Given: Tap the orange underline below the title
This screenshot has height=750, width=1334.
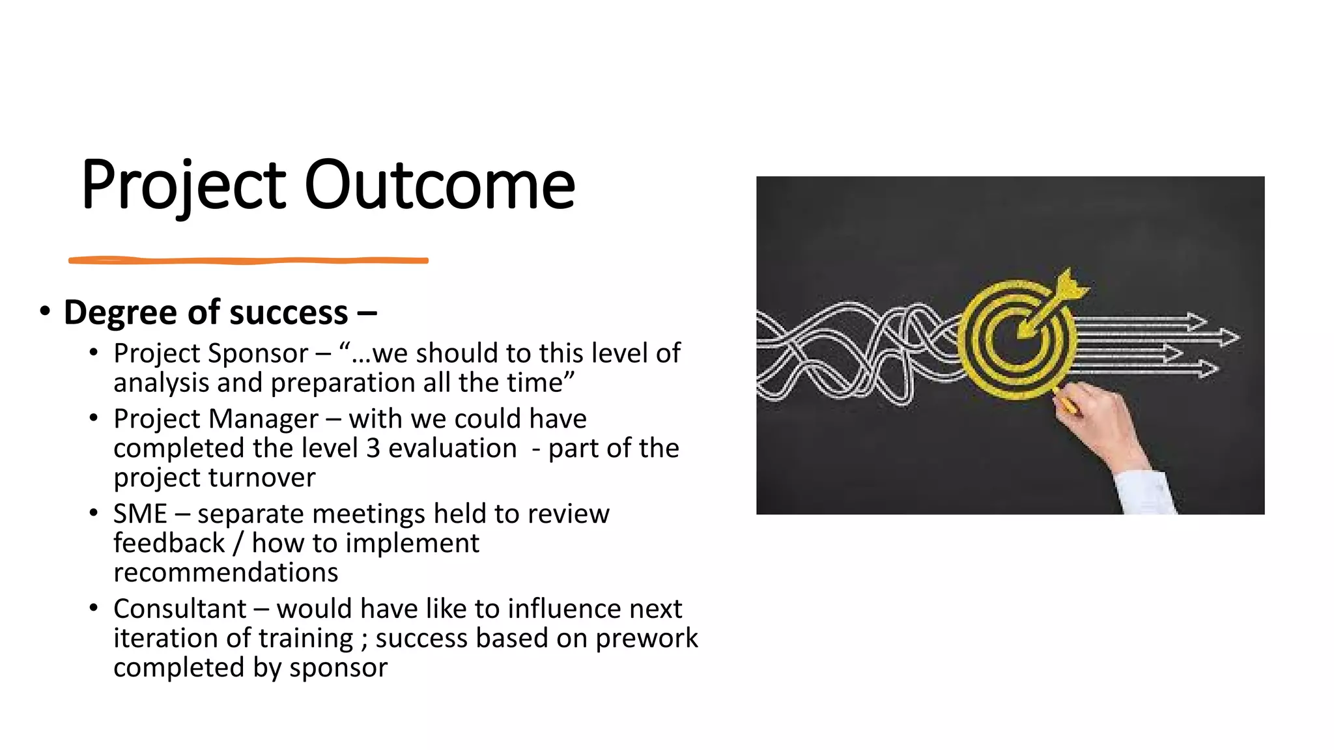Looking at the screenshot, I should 248,260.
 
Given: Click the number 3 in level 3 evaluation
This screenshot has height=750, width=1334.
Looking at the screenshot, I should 373,449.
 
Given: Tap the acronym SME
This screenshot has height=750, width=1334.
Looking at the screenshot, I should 140,514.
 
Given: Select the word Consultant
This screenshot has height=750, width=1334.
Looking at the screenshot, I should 180,609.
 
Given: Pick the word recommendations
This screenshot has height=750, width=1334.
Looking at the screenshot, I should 225,573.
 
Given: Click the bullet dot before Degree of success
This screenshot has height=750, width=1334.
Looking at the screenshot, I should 44,311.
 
